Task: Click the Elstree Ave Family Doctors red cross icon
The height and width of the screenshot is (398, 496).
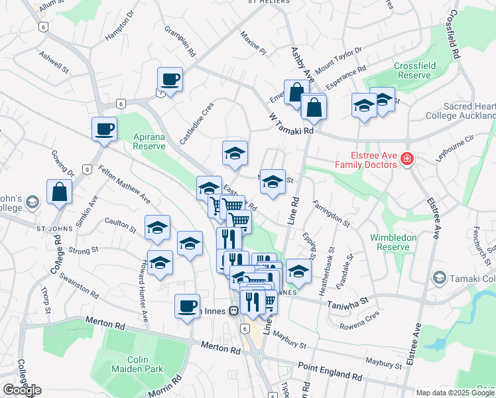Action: pos(406,160)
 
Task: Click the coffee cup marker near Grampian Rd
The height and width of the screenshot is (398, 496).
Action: pos(170,80)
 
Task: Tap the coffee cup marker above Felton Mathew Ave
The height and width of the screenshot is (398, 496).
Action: pos(105,129)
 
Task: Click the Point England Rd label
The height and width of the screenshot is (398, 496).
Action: pos(330,371)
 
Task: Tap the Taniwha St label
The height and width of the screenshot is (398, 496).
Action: pos(345,302)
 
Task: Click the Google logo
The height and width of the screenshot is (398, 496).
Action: pos(21,390)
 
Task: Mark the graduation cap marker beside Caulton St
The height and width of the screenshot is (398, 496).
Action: pos(157,228)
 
